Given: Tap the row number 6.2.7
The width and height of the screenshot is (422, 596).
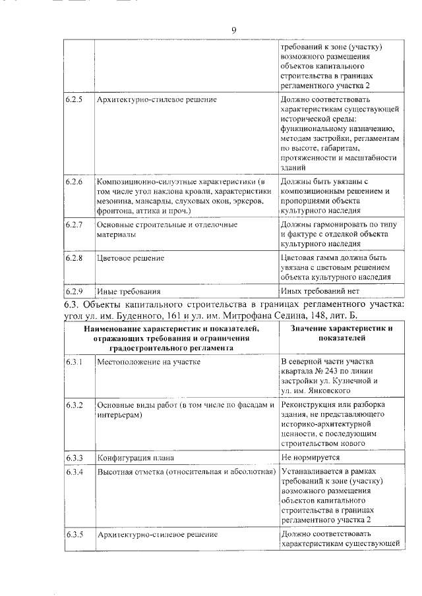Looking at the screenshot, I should pos(74,225).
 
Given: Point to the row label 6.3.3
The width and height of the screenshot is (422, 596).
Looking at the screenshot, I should pos(74,457).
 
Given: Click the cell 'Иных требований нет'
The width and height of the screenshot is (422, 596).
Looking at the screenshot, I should pos(321,290).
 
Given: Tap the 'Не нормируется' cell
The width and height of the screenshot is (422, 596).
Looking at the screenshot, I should pos(310,457).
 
